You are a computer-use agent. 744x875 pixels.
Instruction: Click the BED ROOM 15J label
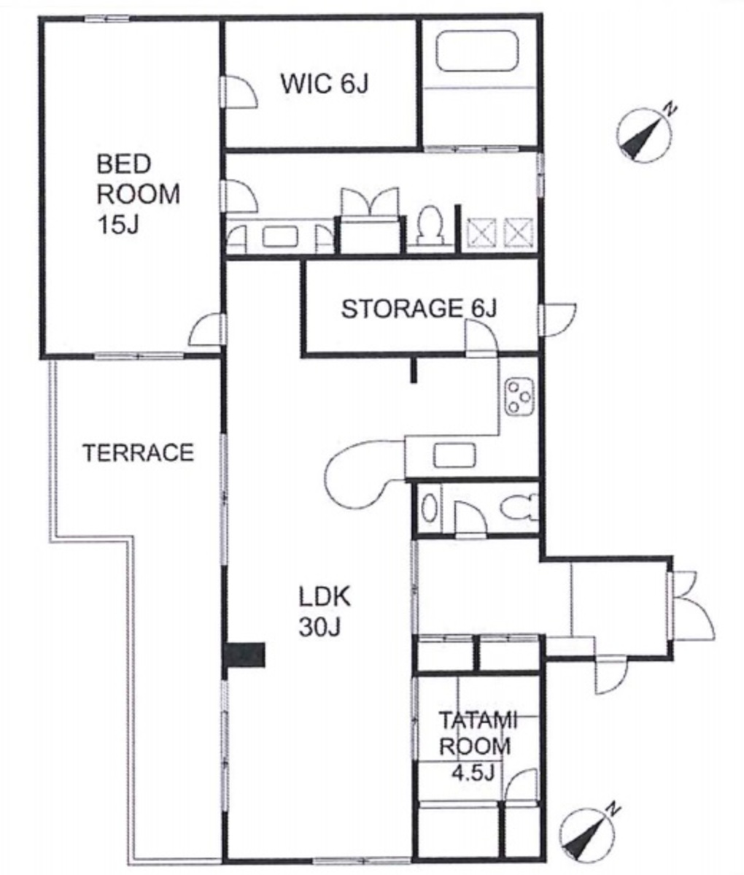pos(139,194)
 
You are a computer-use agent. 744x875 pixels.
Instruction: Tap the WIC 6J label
pos(324,84)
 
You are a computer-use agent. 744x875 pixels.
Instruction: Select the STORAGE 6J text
pos(418,309)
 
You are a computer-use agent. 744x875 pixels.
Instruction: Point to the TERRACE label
pos(139,452)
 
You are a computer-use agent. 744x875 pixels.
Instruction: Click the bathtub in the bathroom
pos(478,51)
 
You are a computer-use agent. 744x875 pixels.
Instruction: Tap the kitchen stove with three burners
pos(519,397)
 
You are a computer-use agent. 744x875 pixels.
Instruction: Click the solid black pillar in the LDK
pos(244,655)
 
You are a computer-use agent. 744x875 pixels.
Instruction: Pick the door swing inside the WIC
pos(241,91)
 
